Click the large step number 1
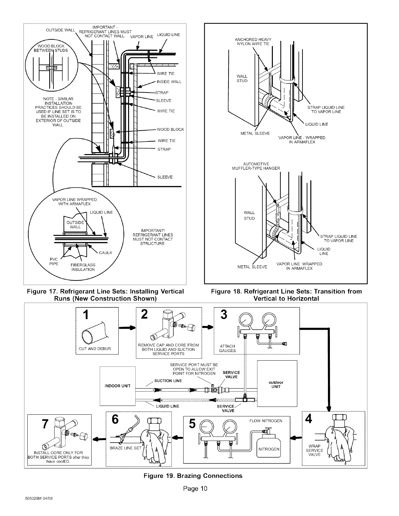[x=85, y=315]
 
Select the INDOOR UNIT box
[x=117, y=386]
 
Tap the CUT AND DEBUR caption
[x=95, y=349]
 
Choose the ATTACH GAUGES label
[x=228, y=349]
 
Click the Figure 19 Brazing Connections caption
[x=194, y=476]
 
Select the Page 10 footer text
[x=195, y=489]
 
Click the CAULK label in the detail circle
[x=106, y=252]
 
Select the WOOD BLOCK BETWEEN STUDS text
[x=52, y=48]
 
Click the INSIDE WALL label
[x=169, y=82]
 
